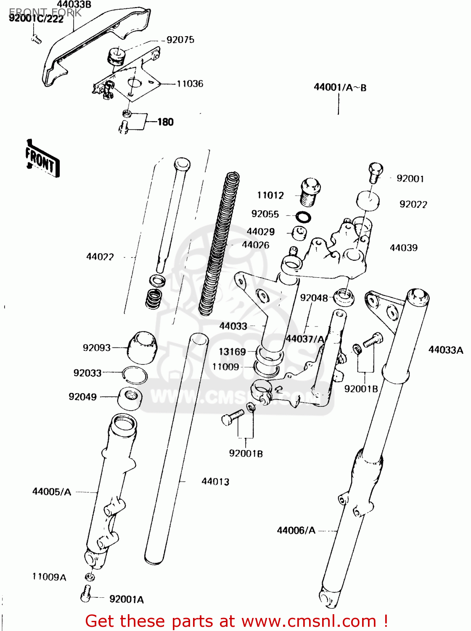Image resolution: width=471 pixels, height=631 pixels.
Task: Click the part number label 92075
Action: (180, 40)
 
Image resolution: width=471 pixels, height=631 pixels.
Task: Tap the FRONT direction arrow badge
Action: (42, 159)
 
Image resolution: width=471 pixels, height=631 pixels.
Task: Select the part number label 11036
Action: (190, 84)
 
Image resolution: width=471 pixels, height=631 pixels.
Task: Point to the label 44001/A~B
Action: (340, 87)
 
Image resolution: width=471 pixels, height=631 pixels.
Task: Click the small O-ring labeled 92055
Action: (303, 217)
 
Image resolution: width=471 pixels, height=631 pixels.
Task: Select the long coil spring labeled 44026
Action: (219, 244)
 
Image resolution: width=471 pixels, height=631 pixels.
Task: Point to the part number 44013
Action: (215, 481)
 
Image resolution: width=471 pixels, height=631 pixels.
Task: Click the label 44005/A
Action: (52, 491)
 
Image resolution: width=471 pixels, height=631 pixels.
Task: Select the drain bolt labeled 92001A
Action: (86, 593)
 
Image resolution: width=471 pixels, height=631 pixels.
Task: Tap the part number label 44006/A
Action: (296, 530)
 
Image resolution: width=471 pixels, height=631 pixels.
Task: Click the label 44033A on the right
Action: (445, 350)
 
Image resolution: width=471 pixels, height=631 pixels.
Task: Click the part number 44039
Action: (404, 248)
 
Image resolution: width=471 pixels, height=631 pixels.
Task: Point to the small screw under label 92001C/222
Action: (37, 40)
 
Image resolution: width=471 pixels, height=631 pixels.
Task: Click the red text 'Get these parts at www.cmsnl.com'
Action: (236, 621)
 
